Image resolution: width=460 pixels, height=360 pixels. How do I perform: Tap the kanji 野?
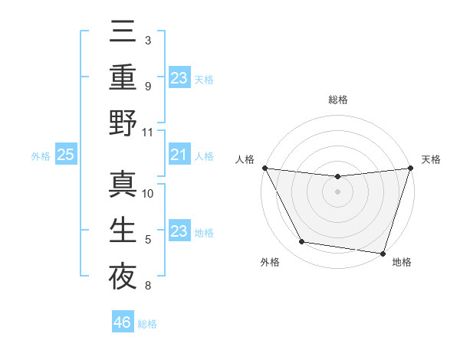coord(123,123)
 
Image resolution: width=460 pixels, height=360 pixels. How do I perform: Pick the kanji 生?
coord(123,230)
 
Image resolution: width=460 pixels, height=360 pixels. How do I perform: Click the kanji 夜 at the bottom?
coord(123,275)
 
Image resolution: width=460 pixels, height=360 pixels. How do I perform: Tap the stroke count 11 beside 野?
coord(148,133)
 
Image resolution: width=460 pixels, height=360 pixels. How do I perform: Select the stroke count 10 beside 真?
coord(148,194)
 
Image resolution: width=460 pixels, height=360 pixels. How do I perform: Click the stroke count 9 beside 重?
coord(148,87)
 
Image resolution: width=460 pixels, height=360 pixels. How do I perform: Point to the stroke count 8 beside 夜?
coord(148,286)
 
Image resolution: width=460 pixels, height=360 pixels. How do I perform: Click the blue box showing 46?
coord(123,322)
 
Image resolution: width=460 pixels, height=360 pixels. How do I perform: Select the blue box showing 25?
coord(65,155)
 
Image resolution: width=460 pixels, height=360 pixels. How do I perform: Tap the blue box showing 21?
coord(179,155)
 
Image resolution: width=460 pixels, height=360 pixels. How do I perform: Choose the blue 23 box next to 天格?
coord(179,78)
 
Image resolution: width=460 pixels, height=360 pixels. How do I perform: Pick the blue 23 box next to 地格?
coord(179,231)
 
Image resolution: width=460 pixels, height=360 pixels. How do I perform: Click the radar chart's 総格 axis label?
coord(337,100)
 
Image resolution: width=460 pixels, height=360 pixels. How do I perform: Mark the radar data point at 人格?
coord(265,168)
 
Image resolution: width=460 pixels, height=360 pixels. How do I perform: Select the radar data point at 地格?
coord(382,253)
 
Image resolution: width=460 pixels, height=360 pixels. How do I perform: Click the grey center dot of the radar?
coord(337,191)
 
